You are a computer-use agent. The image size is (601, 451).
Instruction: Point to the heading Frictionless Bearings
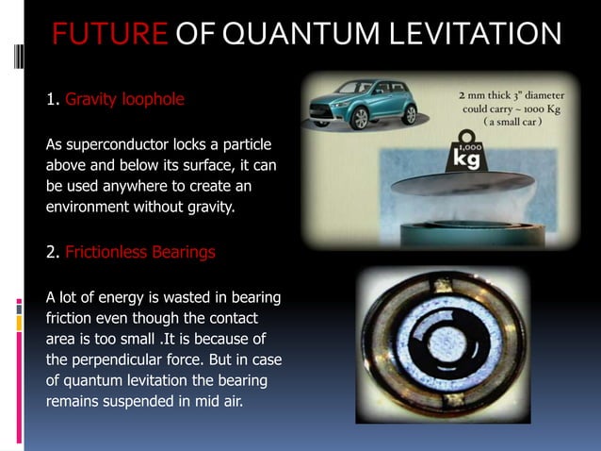coord(140,252)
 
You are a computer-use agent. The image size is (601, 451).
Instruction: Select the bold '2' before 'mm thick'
coord(461,95)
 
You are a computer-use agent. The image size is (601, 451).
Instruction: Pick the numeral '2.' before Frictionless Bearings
coord(54,252)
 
